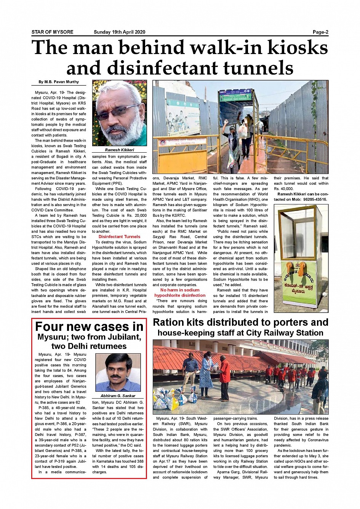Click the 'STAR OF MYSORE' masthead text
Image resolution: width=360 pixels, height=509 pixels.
[52, 32]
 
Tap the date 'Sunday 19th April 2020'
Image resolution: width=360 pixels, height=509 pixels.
[119, 32]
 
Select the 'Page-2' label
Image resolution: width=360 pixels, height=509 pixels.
[320, 32]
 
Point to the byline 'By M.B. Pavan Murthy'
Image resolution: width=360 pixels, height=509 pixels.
[59, 82]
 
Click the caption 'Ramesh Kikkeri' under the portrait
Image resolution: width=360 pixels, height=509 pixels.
[119, 150]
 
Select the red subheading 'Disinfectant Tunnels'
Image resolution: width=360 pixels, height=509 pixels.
[119, 237]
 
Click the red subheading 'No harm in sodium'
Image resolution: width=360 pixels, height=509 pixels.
[180, 290]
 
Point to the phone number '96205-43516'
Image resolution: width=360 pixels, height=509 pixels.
[315, 199]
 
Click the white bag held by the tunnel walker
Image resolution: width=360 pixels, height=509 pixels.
[242, 131]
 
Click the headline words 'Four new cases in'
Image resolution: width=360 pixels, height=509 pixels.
[89, 327]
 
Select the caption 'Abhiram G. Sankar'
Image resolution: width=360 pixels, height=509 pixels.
[118, 396]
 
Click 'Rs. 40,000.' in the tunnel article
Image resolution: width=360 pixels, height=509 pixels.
[283, 189]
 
